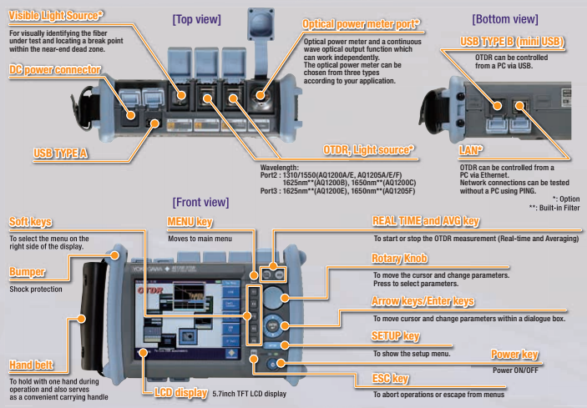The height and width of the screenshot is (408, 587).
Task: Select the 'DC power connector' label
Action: [x=56, y=69]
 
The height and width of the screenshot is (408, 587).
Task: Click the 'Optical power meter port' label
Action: [x=361, y=25]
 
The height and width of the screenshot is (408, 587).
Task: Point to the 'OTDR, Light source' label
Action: [x=367, y=149]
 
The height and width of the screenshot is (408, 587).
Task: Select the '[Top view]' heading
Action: [x=198, y=18]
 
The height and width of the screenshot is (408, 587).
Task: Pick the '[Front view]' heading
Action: [x=200, y=202]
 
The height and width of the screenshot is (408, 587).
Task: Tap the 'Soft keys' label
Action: [x=31, y=222]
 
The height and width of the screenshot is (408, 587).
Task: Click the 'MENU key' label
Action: [x=190, y=222]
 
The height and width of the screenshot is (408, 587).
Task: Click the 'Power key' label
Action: [x=514, y=355]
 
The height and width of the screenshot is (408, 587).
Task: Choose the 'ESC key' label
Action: [x=391, y=379]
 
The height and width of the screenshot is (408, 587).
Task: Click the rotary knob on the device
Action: [x=287, y=298]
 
